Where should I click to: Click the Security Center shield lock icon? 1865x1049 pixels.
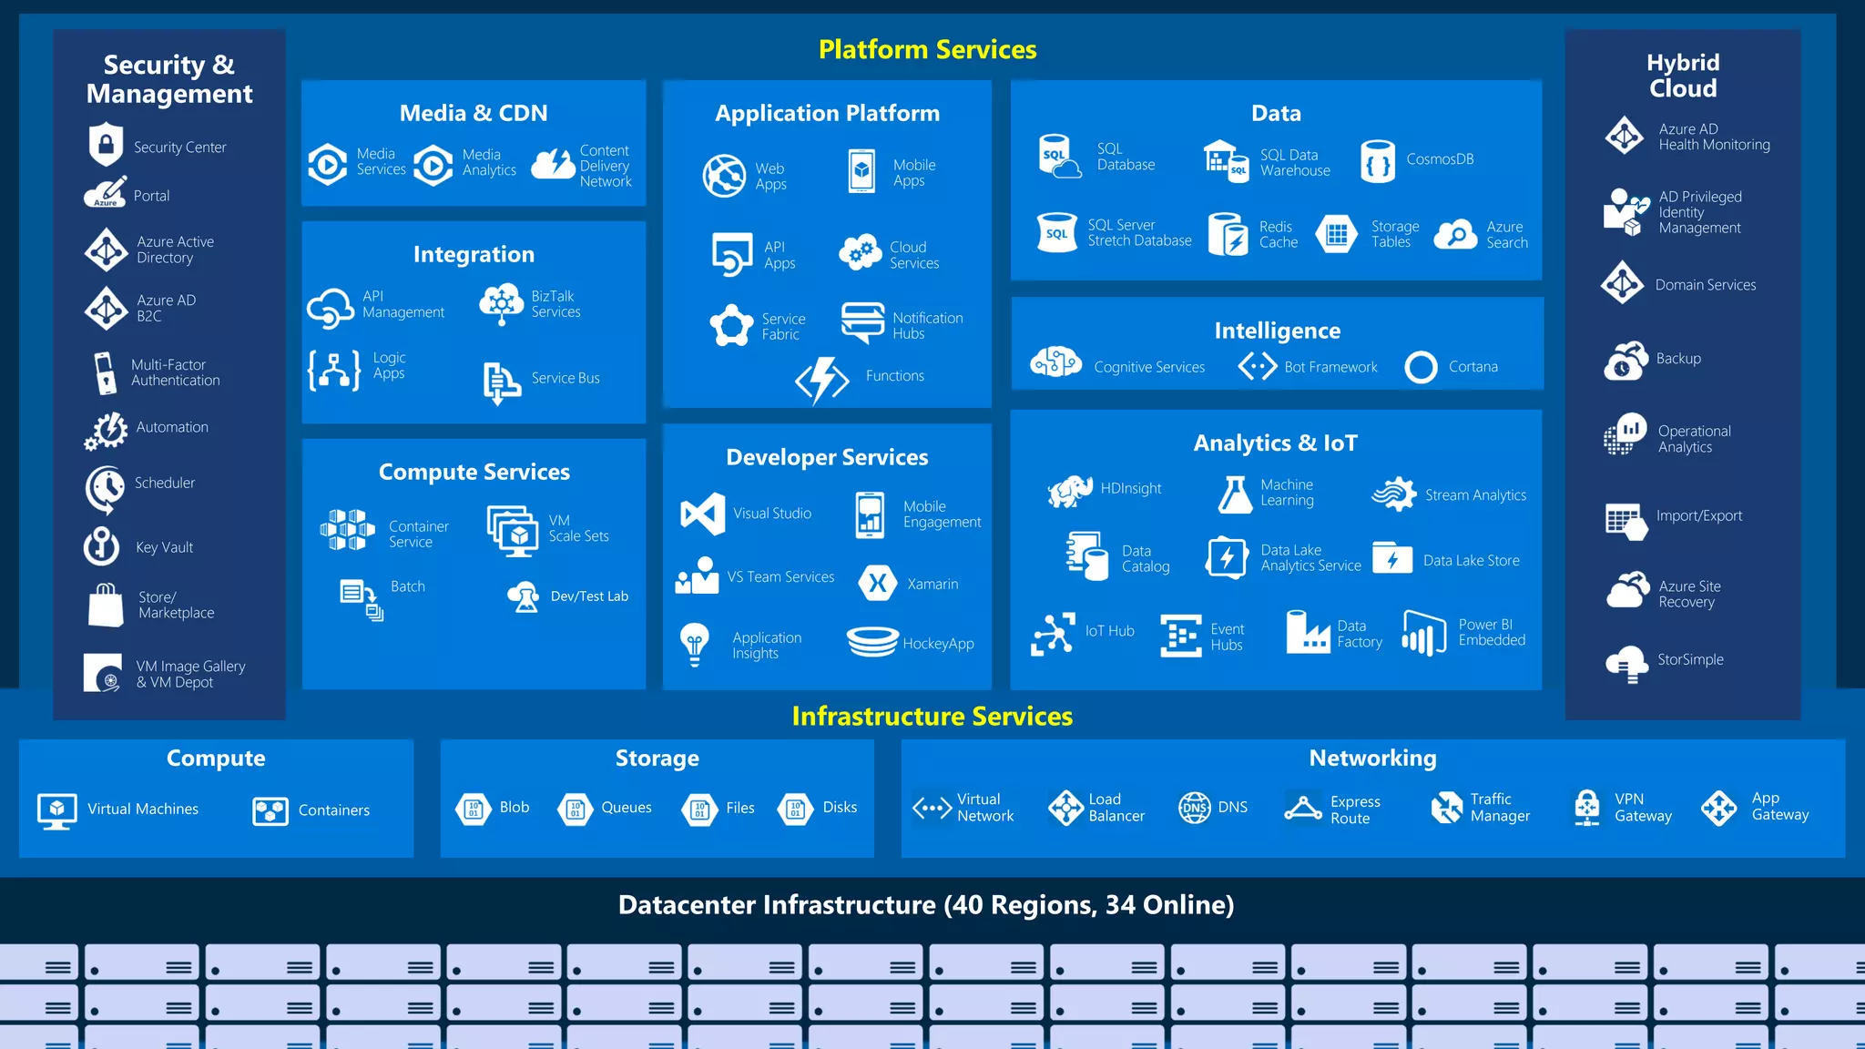(x=107, y=144)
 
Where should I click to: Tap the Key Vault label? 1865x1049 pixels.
(x=164, y=547)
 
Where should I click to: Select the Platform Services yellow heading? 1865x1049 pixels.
(x=927, y=49)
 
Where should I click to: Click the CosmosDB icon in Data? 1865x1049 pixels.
(x=1377, y=161)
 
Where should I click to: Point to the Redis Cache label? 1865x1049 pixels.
(x=1278, y=234)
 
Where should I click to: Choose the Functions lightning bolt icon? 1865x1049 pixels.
(x=821, y=378)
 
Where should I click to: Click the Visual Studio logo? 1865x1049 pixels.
(x=702, y=514)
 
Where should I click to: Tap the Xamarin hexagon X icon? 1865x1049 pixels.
(x=877, y=584)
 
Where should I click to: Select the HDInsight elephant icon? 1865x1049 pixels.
(x=1070, y=490)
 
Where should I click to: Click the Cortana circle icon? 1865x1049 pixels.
(x=1421, y=367)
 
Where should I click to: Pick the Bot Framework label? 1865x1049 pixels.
(x=1330, y=367)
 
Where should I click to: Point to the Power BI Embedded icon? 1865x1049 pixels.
(x=1424, y=633)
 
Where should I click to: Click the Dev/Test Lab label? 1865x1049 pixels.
(x=589, y=596)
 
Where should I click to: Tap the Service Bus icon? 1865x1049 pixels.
(x=501, y=382)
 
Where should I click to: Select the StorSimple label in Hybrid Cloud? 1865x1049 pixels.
(x=1690, y=659)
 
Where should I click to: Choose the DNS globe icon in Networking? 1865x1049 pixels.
(x=1195, y=808)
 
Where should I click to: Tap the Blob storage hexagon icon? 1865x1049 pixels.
(x=474, y=808)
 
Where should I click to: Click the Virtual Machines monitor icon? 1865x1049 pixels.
(x=57, y=810)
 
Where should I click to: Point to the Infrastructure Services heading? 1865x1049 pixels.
(x=932, y=717)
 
